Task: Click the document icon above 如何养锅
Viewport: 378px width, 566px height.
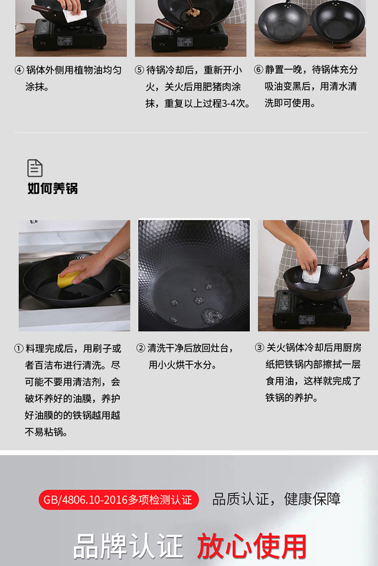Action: [x=35, y=168]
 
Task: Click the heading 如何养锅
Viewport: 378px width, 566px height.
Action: [x=53, y=189]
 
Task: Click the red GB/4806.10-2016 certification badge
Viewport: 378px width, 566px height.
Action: [x=119, y=499]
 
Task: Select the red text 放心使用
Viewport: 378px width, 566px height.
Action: [x=252, y=547]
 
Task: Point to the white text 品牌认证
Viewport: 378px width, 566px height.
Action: [x=128, y=547]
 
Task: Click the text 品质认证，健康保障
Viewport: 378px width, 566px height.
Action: [x=276, y=499]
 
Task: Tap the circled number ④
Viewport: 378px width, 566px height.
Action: [x=19, y=70]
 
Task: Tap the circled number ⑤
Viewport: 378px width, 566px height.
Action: [x=139, y=70]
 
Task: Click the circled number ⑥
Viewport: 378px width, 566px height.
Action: [x=258, y=70]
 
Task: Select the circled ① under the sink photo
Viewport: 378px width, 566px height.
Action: [x=19, y=348]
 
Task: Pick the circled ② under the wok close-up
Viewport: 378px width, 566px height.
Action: [x=141, y=348]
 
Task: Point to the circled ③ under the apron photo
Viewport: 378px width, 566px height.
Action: [x=259, y=348]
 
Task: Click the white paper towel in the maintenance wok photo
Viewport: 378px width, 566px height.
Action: [x=311, y=274]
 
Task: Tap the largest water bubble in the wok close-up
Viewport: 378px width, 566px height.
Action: [x=212, y=316]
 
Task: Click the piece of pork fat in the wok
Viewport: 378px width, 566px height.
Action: [x=193, y=12]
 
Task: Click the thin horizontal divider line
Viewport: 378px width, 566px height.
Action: [x=191, y=133]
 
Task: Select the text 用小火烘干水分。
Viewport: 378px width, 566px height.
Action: [x=183, y=365]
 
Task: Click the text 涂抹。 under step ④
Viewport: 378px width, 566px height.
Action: [x=37, y=87]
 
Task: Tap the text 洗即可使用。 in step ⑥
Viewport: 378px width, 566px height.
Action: [x=291, y=103]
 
